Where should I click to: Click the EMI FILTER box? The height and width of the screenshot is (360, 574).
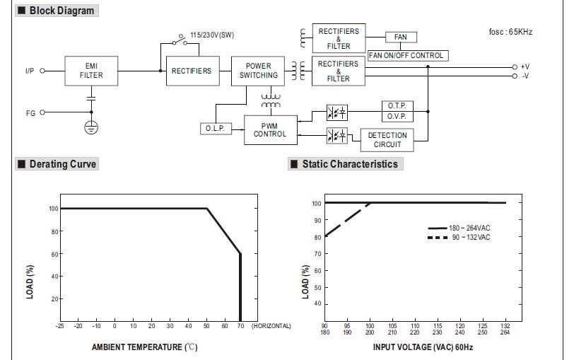pos(90,71)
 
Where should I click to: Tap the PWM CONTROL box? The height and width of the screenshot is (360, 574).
pos(270,129)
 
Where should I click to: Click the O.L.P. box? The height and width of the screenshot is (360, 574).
pos(215,129)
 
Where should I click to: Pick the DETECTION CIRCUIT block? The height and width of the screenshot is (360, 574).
pos(387,139)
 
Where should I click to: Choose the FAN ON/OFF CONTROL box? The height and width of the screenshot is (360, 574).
pos(408,55)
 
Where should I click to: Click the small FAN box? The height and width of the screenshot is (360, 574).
pos(401,37)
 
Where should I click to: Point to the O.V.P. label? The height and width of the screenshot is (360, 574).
pos(396,117)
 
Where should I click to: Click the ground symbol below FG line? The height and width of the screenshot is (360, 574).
pos(90,127)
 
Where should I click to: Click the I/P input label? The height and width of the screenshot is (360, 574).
pos(30,71)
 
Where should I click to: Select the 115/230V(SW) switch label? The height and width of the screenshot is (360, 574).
pos(212,35)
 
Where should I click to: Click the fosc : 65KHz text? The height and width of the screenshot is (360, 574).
pos(511,32)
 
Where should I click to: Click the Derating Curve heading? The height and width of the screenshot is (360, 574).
pos(62,164)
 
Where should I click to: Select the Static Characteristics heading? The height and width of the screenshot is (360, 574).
pos(349,164)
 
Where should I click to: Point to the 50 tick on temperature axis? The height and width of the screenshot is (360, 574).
pos(206,326)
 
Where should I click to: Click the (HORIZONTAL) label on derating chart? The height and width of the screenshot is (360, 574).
pos(271,326)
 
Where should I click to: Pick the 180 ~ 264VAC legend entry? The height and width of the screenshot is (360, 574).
pos(469,228)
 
